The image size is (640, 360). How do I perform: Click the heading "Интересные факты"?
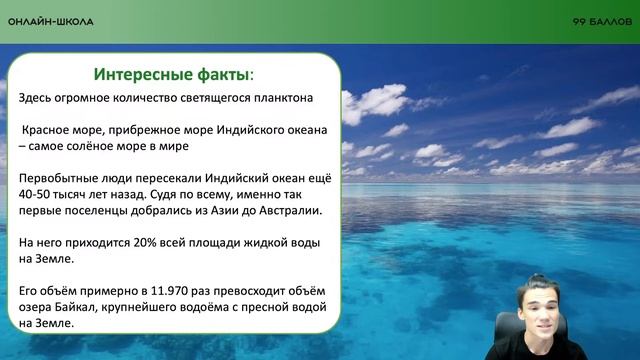pos(171,75)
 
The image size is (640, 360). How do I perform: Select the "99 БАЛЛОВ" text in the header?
pos(602,21)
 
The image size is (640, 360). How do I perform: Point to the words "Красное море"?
pos(61,130)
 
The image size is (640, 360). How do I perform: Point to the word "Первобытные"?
pos(54,178)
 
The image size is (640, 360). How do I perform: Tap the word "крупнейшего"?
pos(142,307)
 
